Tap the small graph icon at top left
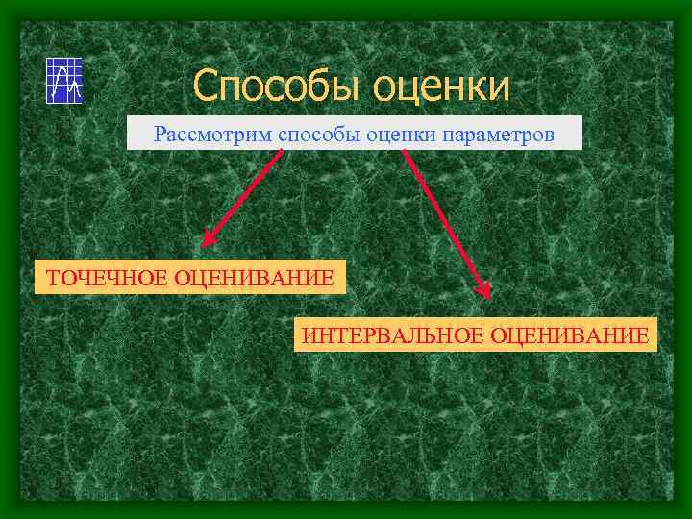click(x=64, y=80)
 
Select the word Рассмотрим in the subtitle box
click(x=213, y=135)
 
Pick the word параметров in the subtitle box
click(x=498, y=136)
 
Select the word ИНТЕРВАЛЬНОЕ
click(x=393, y=335)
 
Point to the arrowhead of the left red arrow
click(x=208, y=240)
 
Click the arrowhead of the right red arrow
click(x=486, y=291)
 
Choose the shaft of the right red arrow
click(x=446, y=221)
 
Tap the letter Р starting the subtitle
click(x=160, y=135)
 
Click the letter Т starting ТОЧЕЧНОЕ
click(x=54, y=279)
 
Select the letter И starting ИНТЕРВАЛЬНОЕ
click(x=309, y=335)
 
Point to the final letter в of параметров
click(x=549, y=136)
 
